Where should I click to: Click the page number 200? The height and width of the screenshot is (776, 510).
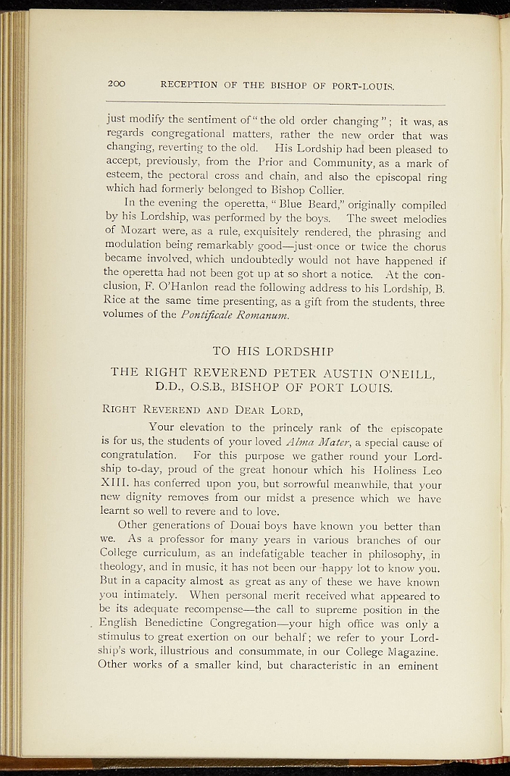click(117, 83)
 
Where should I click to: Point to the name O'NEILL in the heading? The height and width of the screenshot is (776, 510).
click(400, 372)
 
